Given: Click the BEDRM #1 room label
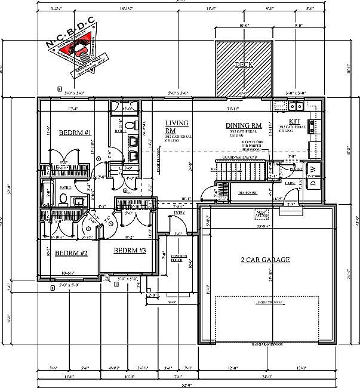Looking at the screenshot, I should pos(75,132).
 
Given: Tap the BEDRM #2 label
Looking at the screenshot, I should pos(71,253).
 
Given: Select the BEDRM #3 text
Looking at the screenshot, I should pos(130,250).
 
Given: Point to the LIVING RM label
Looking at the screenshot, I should pos(177,127).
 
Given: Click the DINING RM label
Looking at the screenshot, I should pos(244,125).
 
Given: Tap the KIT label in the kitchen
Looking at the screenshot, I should pos(294,121).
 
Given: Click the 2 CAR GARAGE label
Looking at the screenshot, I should pos(265,260).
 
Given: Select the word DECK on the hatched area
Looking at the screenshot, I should pos(244,64).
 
